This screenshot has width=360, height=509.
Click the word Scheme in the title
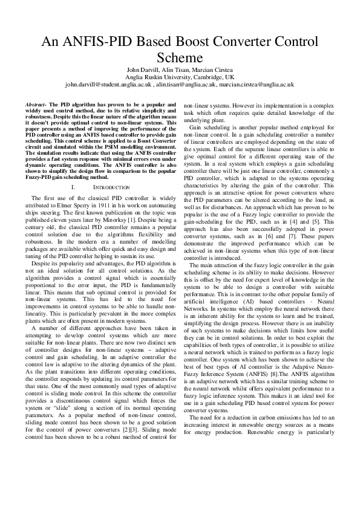(180, 58)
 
